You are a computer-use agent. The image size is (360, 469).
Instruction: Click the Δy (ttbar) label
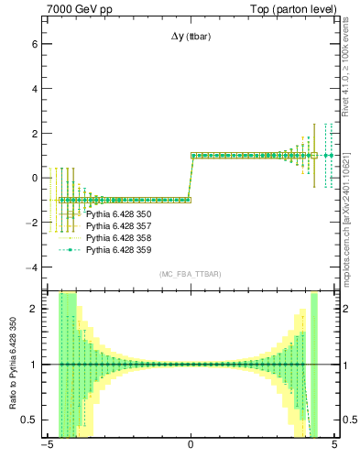coord(190,36)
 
